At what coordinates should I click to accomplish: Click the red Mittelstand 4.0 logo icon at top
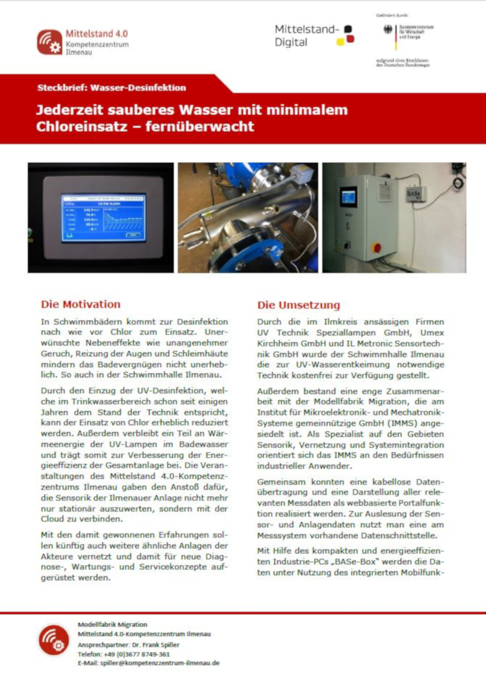click(49, 42)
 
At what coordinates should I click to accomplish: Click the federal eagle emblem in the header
click(388, 30)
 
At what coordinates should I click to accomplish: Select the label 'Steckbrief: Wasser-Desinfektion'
click(111, 88)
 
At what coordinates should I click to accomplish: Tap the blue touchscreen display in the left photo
click(103, 217)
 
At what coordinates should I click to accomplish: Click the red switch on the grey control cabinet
click(377, 247)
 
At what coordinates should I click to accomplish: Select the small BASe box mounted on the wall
click(416, 192)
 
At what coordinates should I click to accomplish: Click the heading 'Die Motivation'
click(81, 304)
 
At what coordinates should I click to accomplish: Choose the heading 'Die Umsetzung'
click(299, 305)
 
